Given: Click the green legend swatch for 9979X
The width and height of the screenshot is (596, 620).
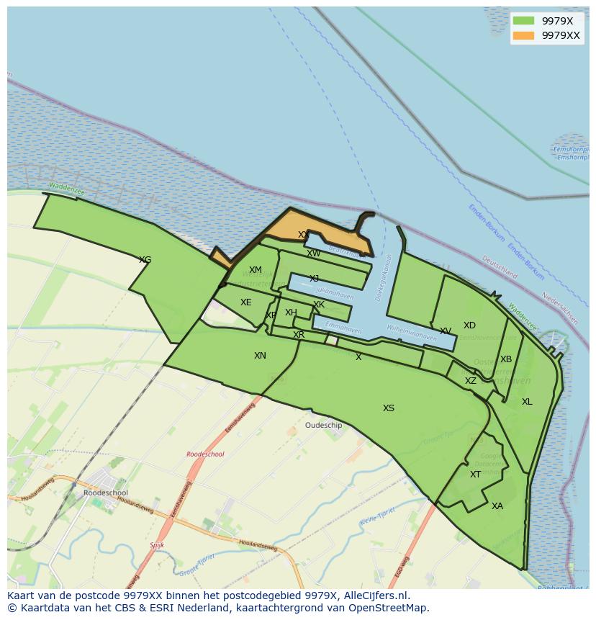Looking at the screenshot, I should pyautogui.click(x=523, y=21).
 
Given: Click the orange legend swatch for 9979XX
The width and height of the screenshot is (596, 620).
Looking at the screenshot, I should pyautogui.click(x=523, y=35).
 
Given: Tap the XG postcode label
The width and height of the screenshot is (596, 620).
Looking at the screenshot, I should pyautogui.click(x=145, y=260).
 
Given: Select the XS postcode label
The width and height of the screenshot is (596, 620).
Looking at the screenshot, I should pyautogui.click(x=389, y=408).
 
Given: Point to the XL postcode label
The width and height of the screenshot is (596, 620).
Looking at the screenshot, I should pyautogui.click(x=527, y=402).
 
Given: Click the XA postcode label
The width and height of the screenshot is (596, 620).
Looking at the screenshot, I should pyautogui.click(x=497, y=506).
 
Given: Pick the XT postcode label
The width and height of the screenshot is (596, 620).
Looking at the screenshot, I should pyautogui.click(x=475, y=475).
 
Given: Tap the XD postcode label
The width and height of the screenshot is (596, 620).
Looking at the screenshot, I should pyautogui.click(x=469, y=325).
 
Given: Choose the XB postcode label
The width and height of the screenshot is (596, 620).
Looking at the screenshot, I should pyautogui.click(x=506, y=359).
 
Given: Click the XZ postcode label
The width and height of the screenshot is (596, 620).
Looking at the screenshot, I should pyautogui.click(x=470, y=381).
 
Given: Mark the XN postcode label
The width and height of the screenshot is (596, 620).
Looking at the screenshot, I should pyautogui.click(x=260, y=356).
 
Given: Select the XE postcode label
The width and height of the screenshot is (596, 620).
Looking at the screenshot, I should pyautogui.click(x=246, y=302).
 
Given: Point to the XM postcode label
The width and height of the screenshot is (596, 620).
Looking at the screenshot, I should pyautogui.click(x=256, y=270).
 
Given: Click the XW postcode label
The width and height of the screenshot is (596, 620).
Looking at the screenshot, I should pyautogui.click(x=314, y=253).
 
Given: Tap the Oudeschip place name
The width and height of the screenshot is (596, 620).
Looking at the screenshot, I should pyautogui.click(x=324, y=426).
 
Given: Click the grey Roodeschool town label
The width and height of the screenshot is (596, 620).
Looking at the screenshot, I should pyautogui.click(x=105, y=493).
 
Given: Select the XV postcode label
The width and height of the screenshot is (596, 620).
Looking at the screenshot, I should pyautogui.click(x=446, y=331).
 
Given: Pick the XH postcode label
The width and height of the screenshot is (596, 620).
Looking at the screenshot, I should pyautogui.click(x=291, y=313).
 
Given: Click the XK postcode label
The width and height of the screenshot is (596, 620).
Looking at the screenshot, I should pyautogui.click(x=319, y=305).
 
